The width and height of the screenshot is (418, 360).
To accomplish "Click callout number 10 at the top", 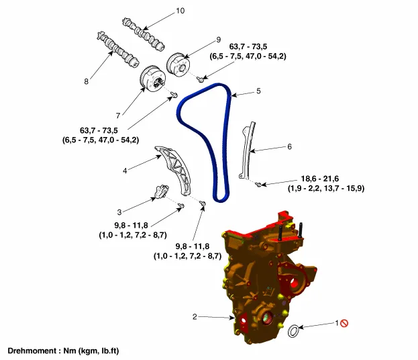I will [x=179, y=11].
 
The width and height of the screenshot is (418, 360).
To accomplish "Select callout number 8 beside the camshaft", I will [x=87, y=81].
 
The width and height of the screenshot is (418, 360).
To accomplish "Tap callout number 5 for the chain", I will [x=258, y=90].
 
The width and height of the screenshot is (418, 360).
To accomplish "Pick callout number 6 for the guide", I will [x=289, y=146].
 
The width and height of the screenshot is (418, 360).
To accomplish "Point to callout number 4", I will [x=125, y=171].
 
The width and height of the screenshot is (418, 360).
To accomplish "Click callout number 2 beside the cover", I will [x=195, y=316].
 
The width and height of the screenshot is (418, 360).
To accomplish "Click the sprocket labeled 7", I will [x=153, y=83].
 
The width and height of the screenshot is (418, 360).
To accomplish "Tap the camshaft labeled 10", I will [x=144, y=32].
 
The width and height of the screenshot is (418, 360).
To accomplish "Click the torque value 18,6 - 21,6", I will [x=321, y=179].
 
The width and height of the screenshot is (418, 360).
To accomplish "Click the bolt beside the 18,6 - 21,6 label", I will [x=260, y=183].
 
